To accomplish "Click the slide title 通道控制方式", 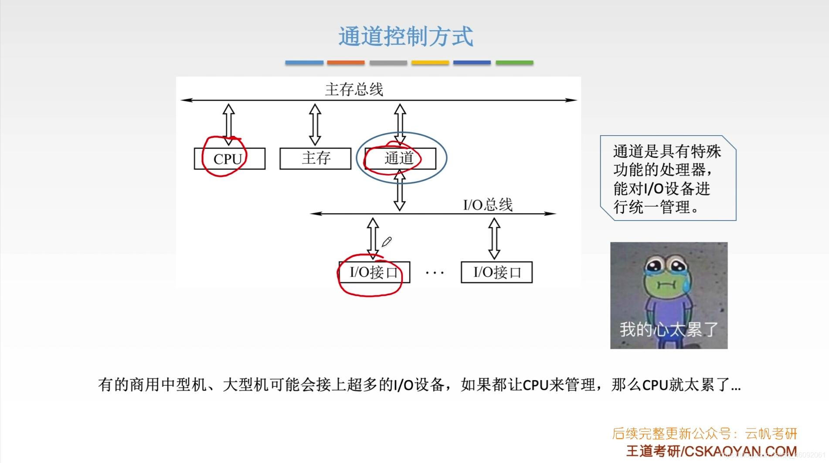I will tap(405, 36).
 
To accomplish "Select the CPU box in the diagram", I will tap(229, 159).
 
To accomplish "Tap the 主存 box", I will tap(315, 158).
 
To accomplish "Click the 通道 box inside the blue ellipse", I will tap(400, 158).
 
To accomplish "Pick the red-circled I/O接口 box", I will tap(374, 272).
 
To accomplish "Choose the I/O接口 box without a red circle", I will tap(496, 272).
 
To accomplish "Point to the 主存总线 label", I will tap(353, 90).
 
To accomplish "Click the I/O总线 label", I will tap(487, 204).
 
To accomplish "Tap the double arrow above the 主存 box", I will tap(315, 124).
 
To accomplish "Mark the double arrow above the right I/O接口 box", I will tap(494, 238).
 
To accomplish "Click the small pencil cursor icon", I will tap(387, 242).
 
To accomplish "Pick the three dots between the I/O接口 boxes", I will tap(435, 273).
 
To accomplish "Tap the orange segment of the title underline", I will tap(346, 63).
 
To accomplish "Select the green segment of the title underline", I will tap(514, 63).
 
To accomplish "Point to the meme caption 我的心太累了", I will tap(669, 330).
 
